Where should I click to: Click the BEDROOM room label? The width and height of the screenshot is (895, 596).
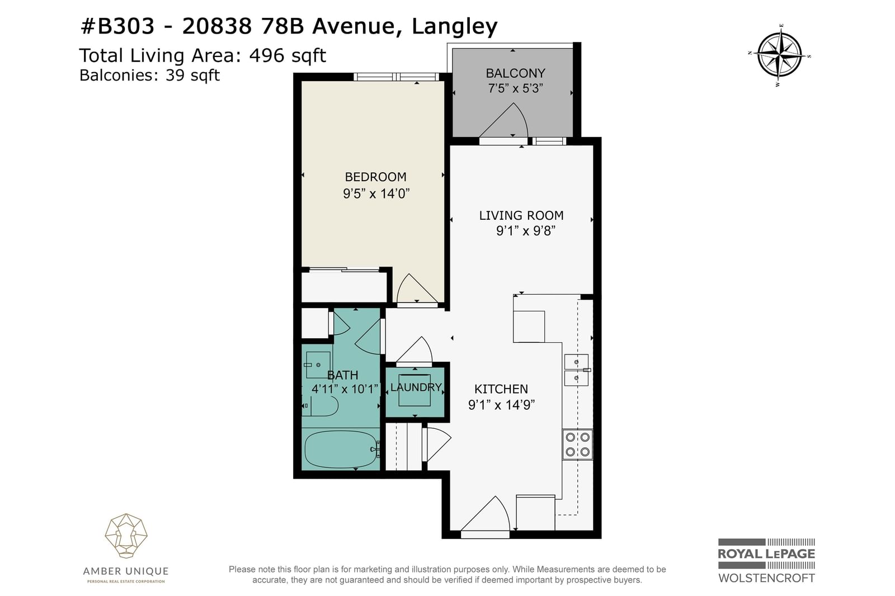point(375,177)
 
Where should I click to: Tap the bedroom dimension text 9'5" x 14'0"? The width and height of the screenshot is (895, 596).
point(376,194)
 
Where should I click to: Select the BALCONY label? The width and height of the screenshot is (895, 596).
point(515,73)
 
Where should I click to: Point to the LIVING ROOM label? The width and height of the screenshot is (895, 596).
point(521,215)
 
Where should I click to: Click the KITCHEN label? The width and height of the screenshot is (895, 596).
point(501,389)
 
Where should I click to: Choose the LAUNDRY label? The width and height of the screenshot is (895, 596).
point(416,387)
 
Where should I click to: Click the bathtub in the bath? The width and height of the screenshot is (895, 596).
point(341,449)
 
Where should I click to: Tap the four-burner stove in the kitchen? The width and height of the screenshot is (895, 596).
point(577,444)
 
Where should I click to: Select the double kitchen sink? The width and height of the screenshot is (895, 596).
point(577,370)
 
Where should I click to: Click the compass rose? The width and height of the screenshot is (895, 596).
point(780,55)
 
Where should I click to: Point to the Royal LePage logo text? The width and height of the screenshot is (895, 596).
point(766,554)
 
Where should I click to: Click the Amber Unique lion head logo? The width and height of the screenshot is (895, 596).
point(126,536)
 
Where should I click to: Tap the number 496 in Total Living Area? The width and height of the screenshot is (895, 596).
point(266,55)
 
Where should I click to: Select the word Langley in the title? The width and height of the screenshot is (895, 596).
point(455,27)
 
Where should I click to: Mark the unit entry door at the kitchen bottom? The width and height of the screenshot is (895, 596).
point(486,515)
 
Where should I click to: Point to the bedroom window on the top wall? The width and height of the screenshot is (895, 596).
point(396,77)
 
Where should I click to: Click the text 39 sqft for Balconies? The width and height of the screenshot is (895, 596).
point(192,75)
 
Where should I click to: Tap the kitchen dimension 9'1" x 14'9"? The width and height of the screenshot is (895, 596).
point(501,405)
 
